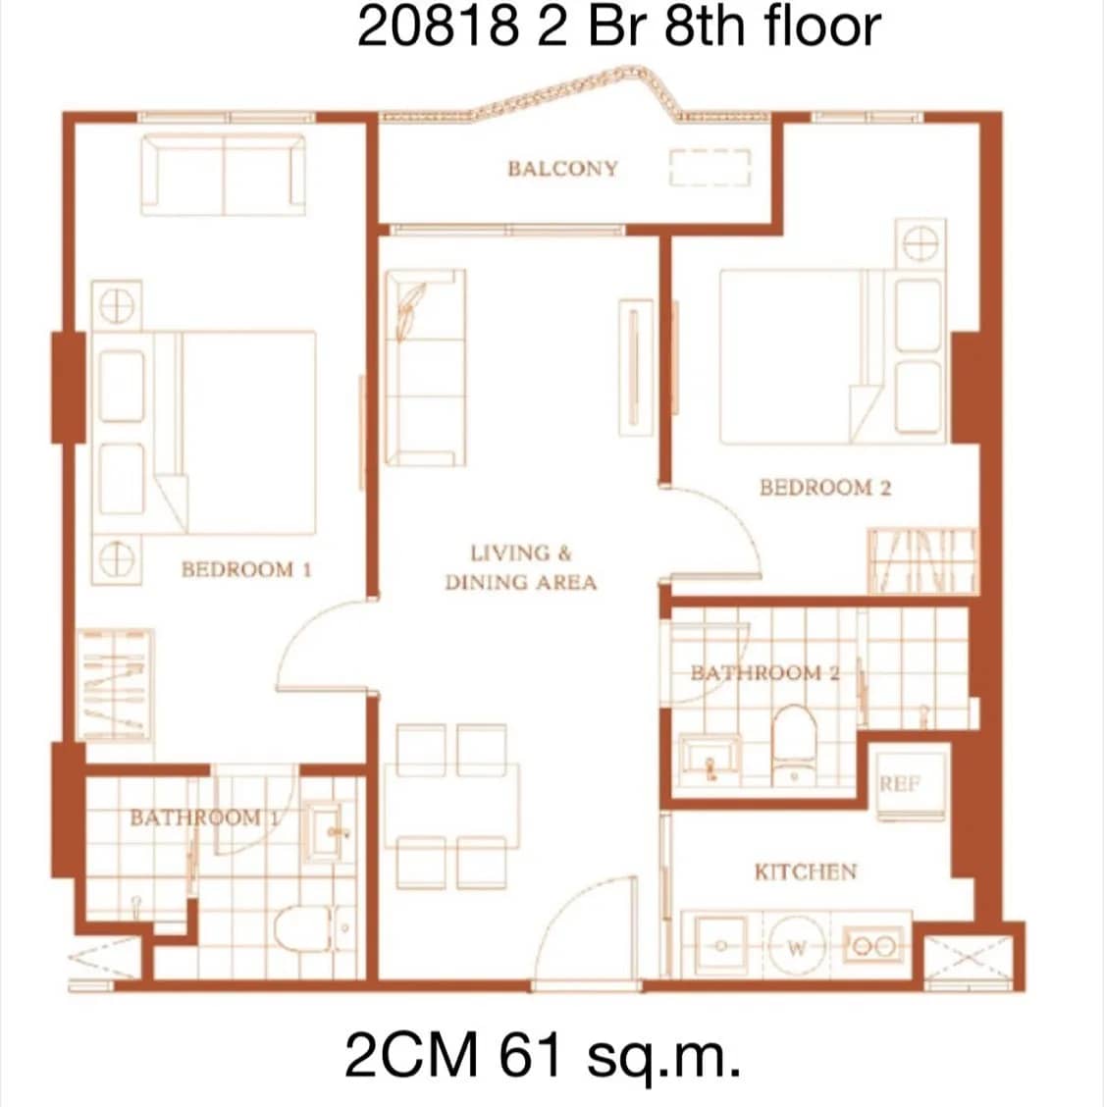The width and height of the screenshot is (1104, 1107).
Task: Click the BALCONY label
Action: [562, 168]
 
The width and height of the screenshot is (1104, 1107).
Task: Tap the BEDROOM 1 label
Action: [246, 569]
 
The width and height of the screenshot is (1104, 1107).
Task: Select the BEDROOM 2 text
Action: [825, 488]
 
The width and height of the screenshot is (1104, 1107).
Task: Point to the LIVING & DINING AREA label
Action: [520, 568]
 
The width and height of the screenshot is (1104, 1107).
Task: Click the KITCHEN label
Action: [805, 871]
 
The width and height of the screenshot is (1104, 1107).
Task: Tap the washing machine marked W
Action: [797, 948]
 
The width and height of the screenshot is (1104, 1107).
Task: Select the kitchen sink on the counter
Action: [722, 947]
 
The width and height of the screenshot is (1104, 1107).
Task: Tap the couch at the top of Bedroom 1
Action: [224, 175]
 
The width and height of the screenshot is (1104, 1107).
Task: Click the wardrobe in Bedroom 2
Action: [922, 561]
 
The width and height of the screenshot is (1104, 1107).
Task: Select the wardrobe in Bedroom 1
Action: [116, 684]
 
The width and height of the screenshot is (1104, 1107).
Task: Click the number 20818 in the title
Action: [438, 26]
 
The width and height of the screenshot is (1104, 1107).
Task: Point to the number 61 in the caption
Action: [535, 1056]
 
